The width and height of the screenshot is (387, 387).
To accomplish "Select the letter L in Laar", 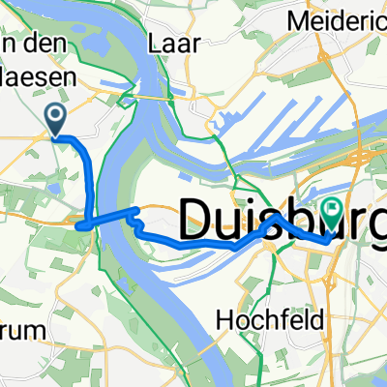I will click(155, 43).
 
